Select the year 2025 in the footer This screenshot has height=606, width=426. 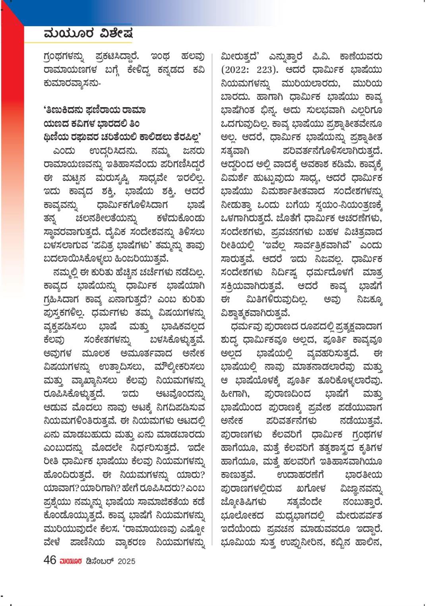coord(126,561)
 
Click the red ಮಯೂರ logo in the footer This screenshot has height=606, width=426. coord(70,561)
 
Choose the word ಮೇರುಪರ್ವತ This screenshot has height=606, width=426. coord(359,516)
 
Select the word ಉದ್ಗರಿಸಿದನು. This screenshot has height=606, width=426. coord(113,151)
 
